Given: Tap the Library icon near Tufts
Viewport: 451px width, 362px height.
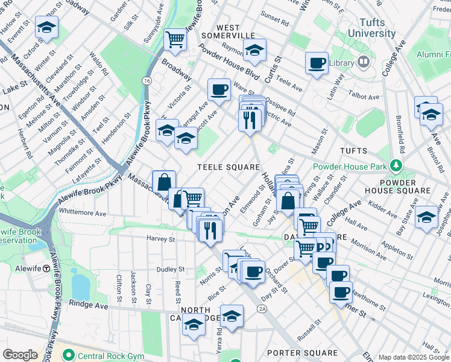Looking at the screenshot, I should pyautogui.click(x=364, y=62).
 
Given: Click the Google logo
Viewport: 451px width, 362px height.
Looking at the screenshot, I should pyautogui.click(x=20, y=355).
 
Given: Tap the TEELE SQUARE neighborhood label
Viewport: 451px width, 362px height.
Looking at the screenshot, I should pyautogui.click(x=229, y=167).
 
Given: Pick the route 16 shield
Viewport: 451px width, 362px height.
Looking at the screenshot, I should pyautogui.click(x=147, y=80).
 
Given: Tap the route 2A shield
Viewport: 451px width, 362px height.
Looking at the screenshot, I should pyautogui.click(x=262, y=309).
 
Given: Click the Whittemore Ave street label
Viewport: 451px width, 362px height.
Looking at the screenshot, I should pyautogui.click(x=83, y=213).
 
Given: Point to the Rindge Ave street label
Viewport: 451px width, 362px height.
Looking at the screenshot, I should pyautogui.click(x=88, y=305).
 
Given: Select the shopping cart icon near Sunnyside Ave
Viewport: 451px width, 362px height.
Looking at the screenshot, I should pyautogui.click(x=175, y=40).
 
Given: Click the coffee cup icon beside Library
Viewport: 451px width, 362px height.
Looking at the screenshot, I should pyautogui.click(x=317, y=63).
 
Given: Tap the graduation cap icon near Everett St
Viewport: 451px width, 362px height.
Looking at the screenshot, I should pyautogui.click(x=46, y=28).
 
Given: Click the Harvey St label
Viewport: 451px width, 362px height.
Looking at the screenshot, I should pyautogui.click(x=160, y=239).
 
